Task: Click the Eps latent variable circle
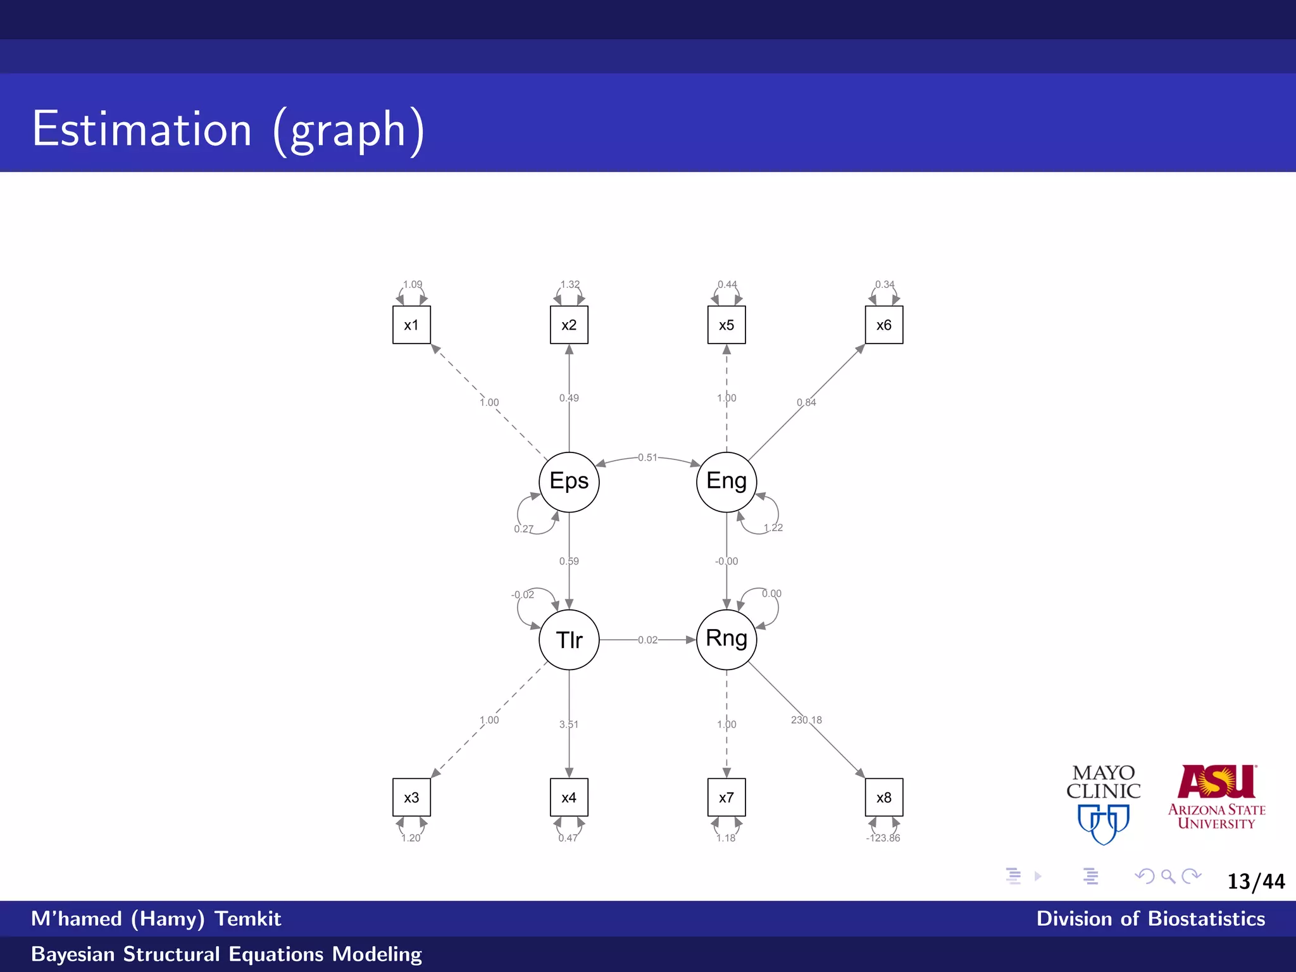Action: point(569,482)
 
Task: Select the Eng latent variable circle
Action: point(726,482)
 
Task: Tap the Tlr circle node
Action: point(569,640)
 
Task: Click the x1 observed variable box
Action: point(411,325)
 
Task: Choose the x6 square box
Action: point(884,325)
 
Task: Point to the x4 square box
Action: point(569,797)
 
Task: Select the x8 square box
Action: point(884,797)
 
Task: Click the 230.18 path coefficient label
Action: point(806,720)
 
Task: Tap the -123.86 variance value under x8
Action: point(883,838)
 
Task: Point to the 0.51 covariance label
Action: point(647,458)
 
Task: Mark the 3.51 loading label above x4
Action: point(569,725)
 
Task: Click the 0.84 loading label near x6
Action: point(806,402)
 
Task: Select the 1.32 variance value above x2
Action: point(570,285)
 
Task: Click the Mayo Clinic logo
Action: point(1104,804)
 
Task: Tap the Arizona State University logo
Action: point(1216,797)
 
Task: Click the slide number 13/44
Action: point(1256,882)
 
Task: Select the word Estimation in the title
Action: point(142,130)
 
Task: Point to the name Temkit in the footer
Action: point(247,919)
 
